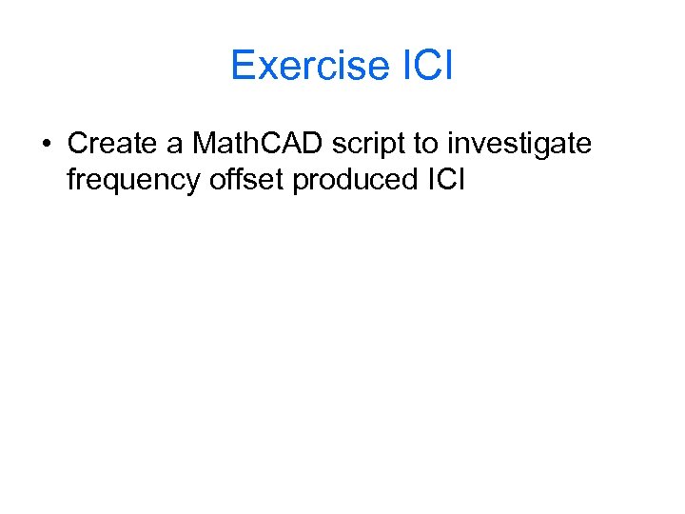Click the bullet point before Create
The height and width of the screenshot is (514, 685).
tap(46, 145)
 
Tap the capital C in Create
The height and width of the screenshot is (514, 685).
tap(76, 144)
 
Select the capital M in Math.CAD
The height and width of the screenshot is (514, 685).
tap(203, 144)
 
